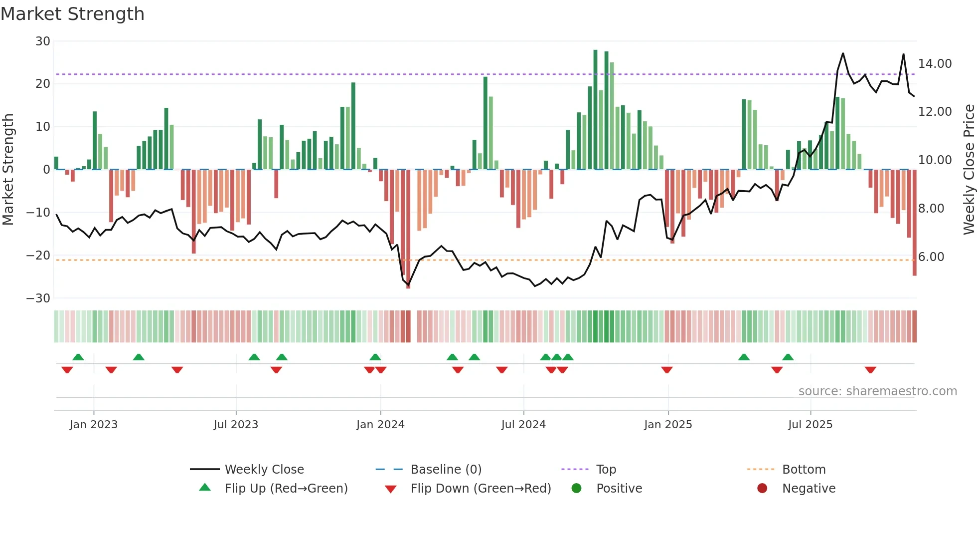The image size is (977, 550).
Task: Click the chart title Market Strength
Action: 72,14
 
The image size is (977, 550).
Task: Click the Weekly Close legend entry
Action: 264,470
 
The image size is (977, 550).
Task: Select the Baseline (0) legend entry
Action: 446,470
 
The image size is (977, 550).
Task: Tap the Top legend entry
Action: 606,470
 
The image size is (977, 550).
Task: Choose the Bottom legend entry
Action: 804,470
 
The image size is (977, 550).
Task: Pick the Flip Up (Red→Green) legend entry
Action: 286,489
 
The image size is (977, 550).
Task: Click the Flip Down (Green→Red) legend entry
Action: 481,489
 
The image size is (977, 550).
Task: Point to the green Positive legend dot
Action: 576,489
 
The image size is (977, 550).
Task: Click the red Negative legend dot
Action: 762,489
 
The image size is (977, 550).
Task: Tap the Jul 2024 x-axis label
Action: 523,425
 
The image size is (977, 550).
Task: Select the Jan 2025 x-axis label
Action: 668,425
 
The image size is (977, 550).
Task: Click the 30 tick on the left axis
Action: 43,41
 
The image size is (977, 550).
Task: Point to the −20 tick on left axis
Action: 38,256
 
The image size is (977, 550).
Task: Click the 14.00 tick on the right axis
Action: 935,64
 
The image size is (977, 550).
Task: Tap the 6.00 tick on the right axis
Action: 931,257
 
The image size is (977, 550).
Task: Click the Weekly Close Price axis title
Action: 969,170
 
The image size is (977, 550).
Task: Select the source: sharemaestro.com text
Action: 877,391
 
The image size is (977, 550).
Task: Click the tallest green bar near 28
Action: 595,110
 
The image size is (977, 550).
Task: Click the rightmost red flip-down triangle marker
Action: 870,370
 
